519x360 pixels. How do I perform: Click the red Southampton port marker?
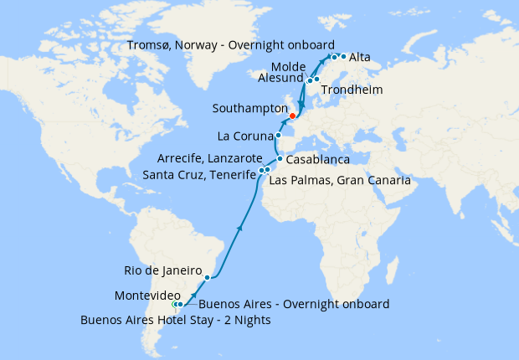tap(292, 116)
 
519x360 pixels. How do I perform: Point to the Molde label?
tap(287, 66)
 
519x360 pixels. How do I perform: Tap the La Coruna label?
tap(244, 136)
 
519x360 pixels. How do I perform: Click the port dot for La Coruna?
tap(278, 136)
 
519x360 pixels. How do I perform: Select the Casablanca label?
tap(317, 159)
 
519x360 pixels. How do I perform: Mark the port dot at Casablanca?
tap(280, 158)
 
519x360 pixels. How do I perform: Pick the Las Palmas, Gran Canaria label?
tap(340, 180)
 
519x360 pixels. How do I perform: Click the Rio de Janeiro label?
tap(162, 270)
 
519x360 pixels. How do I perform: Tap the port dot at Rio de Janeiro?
tap(208, 275)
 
